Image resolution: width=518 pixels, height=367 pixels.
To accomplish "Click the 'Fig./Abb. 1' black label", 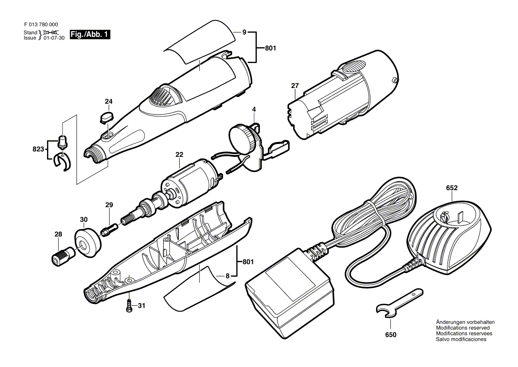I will point(90,34).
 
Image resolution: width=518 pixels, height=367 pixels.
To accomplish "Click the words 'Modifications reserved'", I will point(462,328).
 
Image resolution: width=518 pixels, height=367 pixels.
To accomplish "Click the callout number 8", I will point(228,275).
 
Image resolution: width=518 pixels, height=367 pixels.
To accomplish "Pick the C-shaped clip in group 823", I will point(61,161).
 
